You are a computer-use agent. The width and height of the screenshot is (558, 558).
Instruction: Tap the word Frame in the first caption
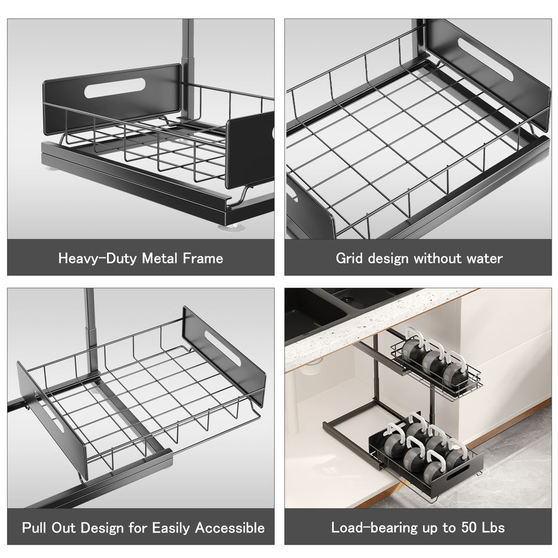(203, 258)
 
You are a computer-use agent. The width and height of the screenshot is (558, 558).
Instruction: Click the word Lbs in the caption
(493, 527)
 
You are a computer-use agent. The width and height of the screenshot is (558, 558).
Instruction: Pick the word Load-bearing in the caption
(375, 528)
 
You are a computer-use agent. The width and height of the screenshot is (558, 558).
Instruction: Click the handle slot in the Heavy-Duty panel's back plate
(115, 88)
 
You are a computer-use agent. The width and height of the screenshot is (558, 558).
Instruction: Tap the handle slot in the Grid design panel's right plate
(485, 59)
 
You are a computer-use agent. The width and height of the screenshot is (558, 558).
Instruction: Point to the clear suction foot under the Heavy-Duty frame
(232, 227)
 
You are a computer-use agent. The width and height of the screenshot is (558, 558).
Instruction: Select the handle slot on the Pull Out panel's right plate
(223, 348)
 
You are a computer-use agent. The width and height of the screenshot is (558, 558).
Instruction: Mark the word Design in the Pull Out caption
(101, 528)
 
